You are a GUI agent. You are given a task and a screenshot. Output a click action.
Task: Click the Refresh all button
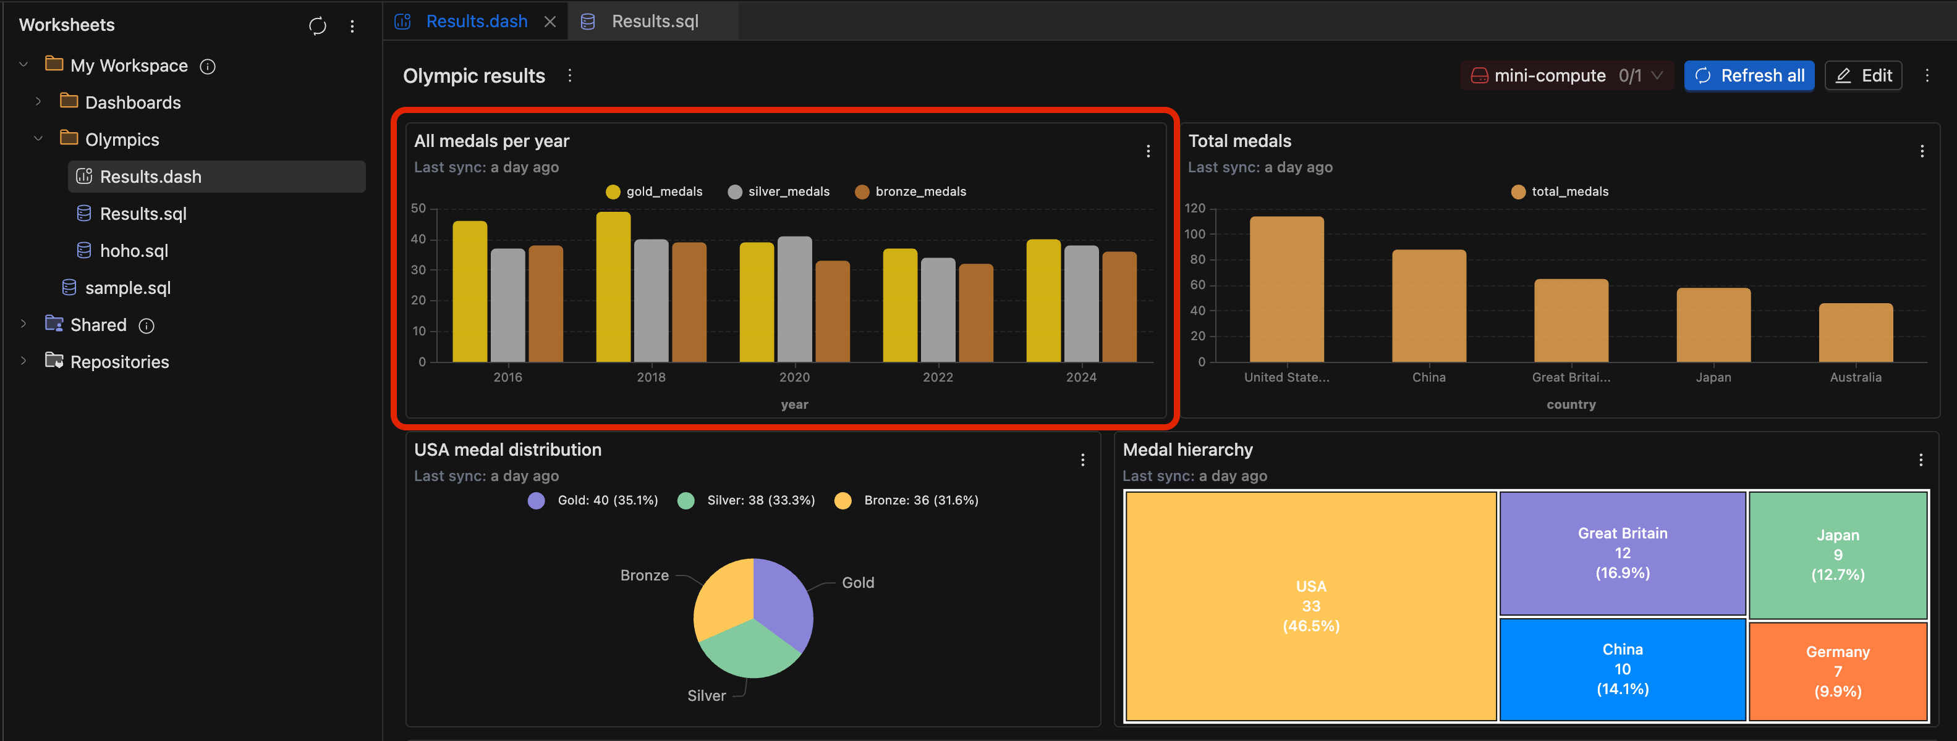[1748, 75]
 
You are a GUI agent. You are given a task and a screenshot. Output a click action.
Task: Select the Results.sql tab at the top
[654, 21]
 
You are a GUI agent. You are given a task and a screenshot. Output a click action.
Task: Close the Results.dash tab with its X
[550, 22]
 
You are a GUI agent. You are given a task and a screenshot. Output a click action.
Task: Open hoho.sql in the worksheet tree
[134, 251]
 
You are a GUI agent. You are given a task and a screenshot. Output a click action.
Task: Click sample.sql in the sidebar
[127, 288]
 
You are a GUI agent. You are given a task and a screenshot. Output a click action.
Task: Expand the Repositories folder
[119, 361]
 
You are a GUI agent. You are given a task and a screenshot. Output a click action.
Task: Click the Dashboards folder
[132, 103]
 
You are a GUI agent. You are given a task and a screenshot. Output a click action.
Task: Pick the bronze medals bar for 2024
[1119, 307]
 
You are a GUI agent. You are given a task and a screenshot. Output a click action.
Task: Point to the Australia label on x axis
[1855, 377]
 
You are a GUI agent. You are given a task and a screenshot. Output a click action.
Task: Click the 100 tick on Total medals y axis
[1194, 234]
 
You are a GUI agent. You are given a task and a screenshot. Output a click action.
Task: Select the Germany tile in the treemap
[1837, 671]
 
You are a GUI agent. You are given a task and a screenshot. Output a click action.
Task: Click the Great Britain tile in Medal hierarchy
[1622, 553]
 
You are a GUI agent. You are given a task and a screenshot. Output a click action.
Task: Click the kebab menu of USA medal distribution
[1082, 460]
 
